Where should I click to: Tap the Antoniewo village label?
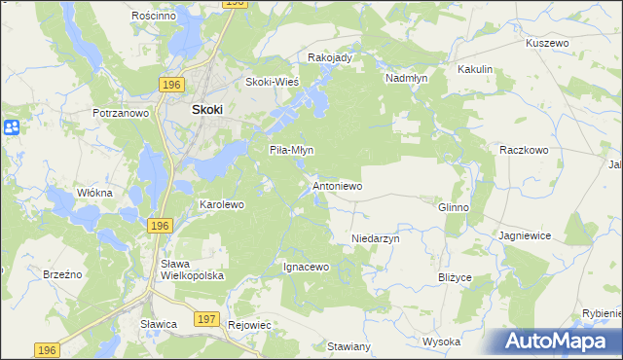coord(337,185)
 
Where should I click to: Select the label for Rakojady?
coord(329,57)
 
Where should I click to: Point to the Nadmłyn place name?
coord(407,78)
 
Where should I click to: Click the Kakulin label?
coord(475,70)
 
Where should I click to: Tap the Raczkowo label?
coord(525,150)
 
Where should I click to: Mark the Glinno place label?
coord(454,207)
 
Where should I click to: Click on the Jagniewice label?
coord(526,235)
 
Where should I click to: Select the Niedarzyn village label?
coord(375,237)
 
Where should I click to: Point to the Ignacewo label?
coord(307,266)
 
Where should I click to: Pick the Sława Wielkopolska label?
coord(192,270)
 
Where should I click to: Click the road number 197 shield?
coord(206,319)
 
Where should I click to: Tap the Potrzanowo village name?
coord(121,113)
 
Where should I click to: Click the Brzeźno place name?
coord(61,275)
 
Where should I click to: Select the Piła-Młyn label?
coord(290,150)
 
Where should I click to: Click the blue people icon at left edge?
coord(11,127)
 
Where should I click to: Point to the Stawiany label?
coord(348,346)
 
